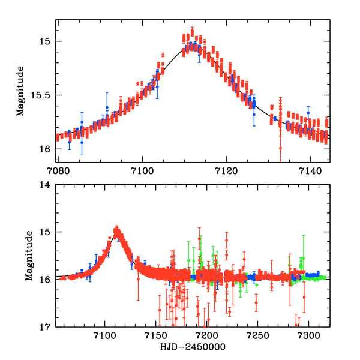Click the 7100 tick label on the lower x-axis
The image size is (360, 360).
[105, 337]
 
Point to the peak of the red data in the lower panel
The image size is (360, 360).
[117, 228]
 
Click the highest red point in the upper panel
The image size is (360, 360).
[192, 30]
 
